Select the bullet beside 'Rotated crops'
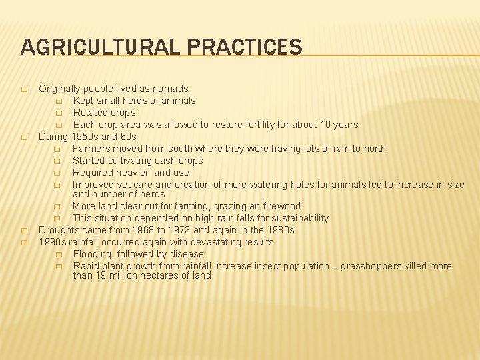59,113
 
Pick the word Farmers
92,149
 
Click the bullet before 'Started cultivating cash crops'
59,161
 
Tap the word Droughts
60,230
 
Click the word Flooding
93,254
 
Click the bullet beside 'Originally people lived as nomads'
24,89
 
